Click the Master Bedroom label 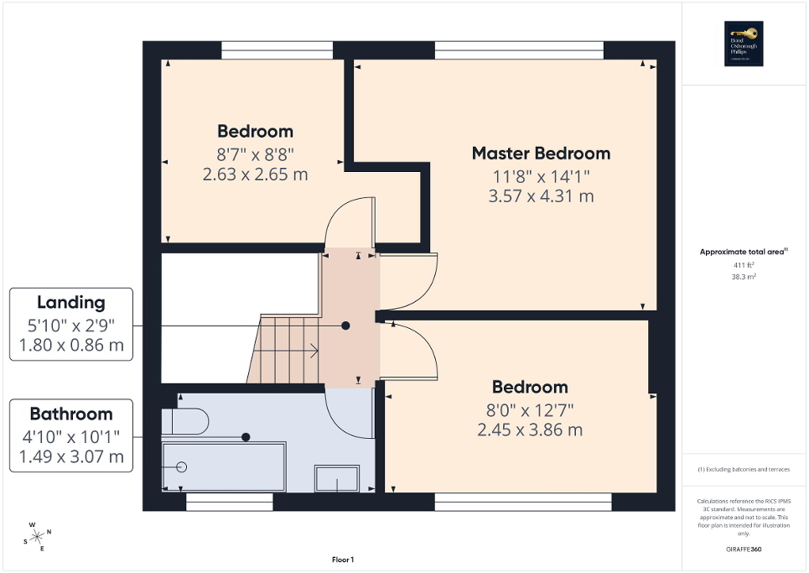[x=541, y=154]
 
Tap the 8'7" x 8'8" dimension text [x=255, y=154]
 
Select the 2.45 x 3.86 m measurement [x=530, y=430]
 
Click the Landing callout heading [x=70, y=303]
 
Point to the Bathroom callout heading [x=70, y=414]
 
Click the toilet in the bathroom [x=184, y=420]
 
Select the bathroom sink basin [x=337, y=479]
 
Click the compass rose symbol [x=37, y=536]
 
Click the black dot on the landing [x=345, y=325]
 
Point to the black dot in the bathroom [x=246, y=436]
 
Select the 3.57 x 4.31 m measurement [x=541, y=196]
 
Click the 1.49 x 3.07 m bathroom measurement [x=70, y=457]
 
